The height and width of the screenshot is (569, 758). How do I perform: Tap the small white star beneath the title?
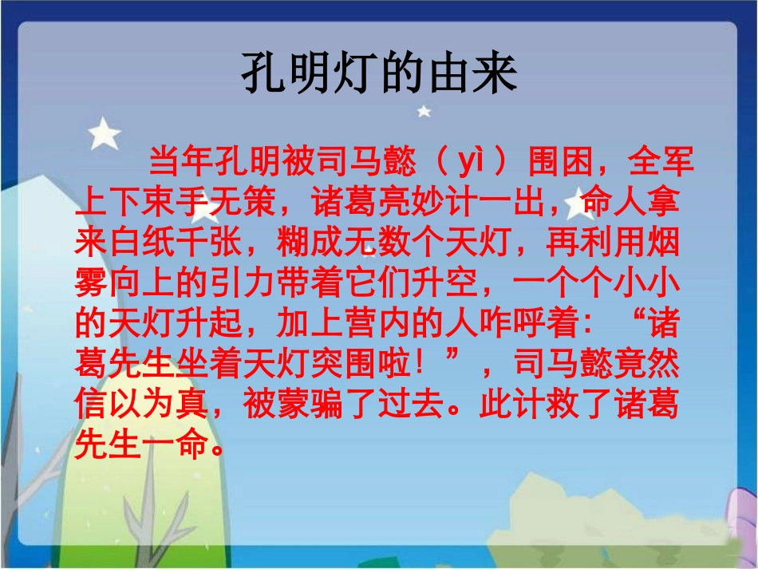tap(424, 111)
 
